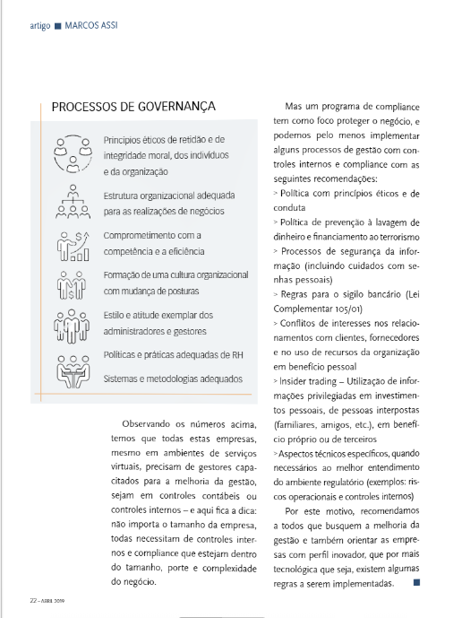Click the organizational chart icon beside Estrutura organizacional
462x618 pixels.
click(x=73, y=202)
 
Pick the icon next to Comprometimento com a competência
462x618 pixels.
click(x=73, y=244)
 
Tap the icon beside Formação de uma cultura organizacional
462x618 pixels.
click(x=73, y=283)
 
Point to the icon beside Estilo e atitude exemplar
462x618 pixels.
click(x=73, y=324)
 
